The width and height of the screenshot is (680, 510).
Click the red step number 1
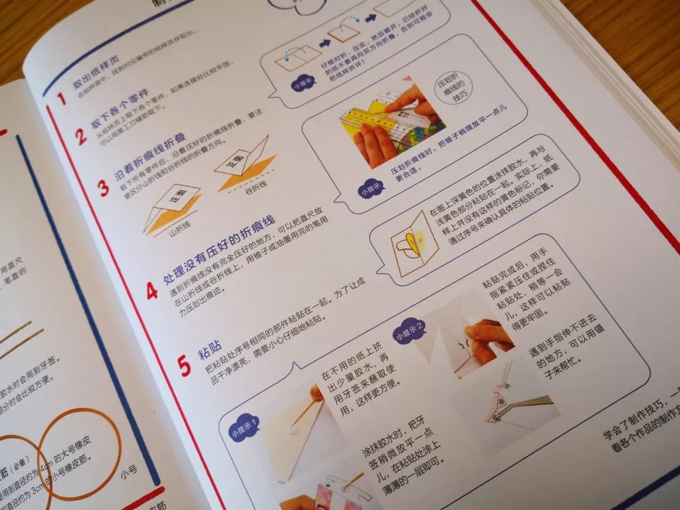(60, 99)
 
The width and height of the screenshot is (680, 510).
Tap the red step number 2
(81, 137)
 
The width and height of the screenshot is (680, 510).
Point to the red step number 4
(152, 290)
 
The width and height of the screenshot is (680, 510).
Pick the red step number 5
(184, 365)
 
